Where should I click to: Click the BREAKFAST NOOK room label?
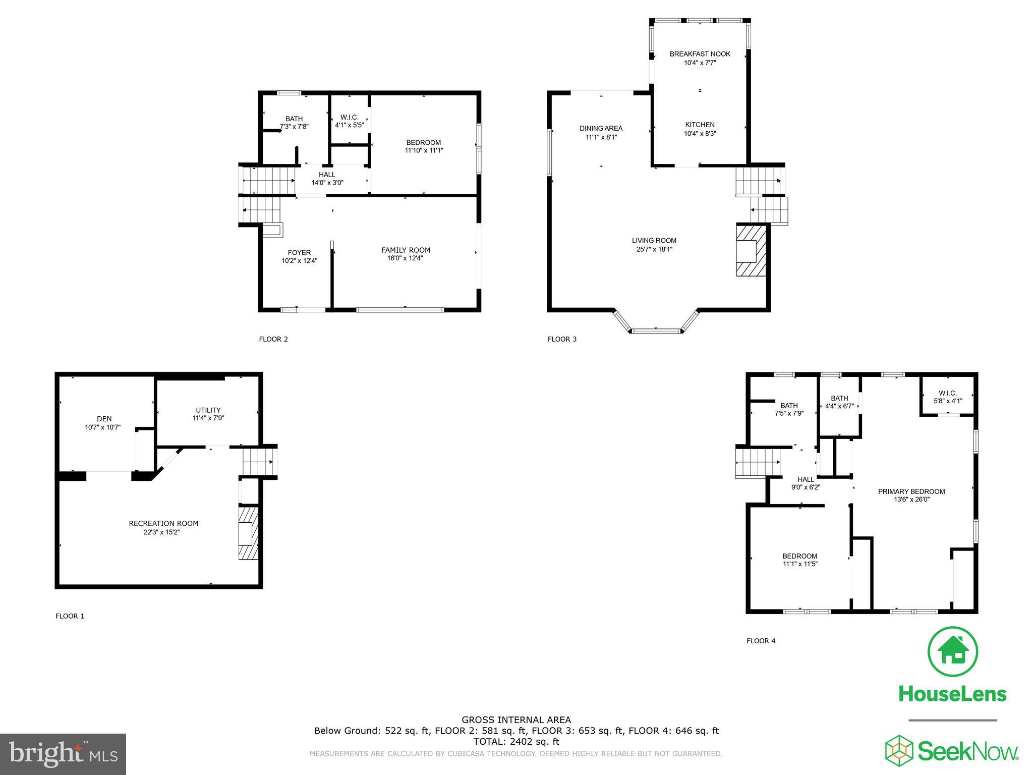(x=700, y=54)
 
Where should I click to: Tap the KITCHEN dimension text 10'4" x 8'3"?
(x=700, y=134)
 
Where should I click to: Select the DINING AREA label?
(x=601, y=128)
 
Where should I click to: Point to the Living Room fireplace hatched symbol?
(x=751, y=251)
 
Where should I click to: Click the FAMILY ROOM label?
(x=406, y=250)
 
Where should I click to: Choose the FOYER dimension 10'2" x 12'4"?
(x=299, y=261)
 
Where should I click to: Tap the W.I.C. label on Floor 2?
(x=349, y=117)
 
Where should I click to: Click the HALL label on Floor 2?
(x=327, y=175)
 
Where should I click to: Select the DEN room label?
(x=104, y=419)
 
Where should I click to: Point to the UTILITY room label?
(x=208, y=410)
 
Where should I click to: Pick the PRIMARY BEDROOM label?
(x=911, y=491)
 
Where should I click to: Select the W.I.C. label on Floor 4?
(x=948, y=393)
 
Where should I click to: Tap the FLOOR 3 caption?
(x=562, y=339)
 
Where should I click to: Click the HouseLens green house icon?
(x=952, y=651)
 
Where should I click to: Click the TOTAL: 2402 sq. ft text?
(x=516, y=742)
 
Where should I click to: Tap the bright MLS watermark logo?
(x=63, y=754)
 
